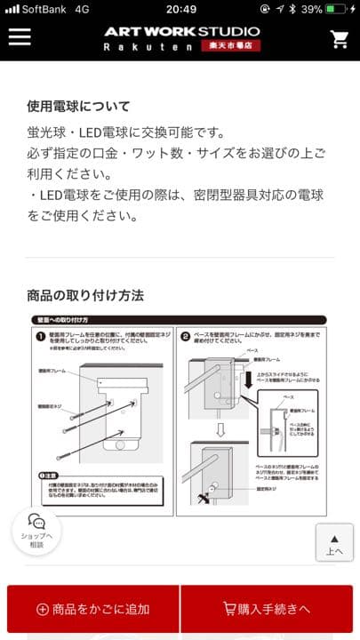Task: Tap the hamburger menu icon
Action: click(19, 37)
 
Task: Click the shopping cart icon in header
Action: click(339, 39)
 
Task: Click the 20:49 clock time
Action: click(180, 8)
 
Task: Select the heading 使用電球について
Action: click(78, 106)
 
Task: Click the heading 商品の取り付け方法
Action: click(85, 295)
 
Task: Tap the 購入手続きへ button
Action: click(267, 609)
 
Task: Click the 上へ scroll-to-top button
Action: click(334, 544)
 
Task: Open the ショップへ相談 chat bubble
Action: click(36, 530)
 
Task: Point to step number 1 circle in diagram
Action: click(41, 337)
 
